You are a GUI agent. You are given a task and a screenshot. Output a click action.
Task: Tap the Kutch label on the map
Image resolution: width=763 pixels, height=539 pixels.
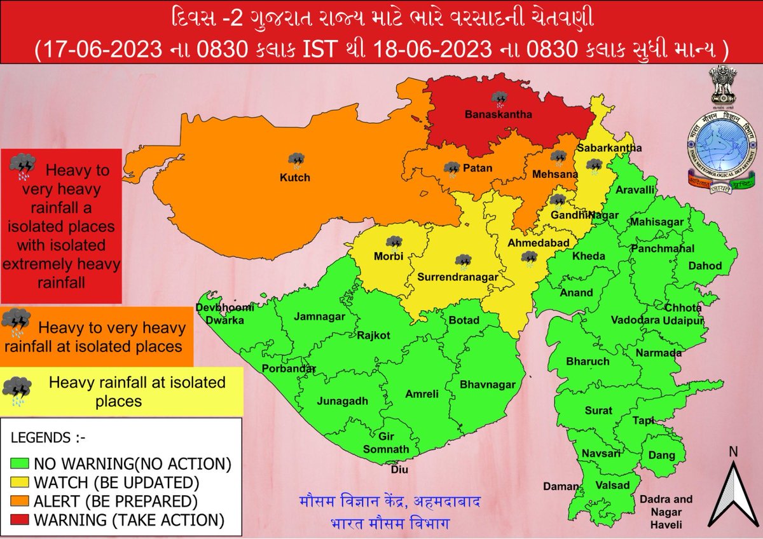click(295, 177)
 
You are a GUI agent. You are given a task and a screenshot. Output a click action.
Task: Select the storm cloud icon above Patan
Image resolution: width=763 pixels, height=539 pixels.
click(452, 169)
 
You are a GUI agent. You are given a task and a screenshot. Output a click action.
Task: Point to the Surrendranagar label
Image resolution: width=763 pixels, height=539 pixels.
click(457, 278)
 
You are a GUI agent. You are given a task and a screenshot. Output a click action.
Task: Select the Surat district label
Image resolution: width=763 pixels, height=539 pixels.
click(598, 411)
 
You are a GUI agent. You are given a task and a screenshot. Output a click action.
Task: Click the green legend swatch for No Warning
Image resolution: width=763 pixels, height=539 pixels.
click(22, 462)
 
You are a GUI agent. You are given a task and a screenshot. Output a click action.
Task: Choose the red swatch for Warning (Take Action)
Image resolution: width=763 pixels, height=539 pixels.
click(22, 521)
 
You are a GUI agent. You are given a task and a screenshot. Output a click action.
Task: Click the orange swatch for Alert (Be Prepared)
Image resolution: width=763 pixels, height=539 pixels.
click(22, 501)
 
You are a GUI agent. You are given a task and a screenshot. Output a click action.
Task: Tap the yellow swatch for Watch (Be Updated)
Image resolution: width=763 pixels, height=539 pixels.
click(22, 481)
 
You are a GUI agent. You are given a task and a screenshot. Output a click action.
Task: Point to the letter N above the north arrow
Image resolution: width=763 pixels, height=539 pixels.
click(733, 452)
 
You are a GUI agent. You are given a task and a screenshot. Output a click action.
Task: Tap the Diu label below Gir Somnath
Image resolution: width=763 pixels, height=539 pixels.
click(399, 471)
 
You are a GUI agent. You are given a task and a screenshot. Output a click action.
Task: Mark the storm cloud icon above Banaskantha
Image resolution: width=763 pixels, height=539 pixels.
click(500, 99)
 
